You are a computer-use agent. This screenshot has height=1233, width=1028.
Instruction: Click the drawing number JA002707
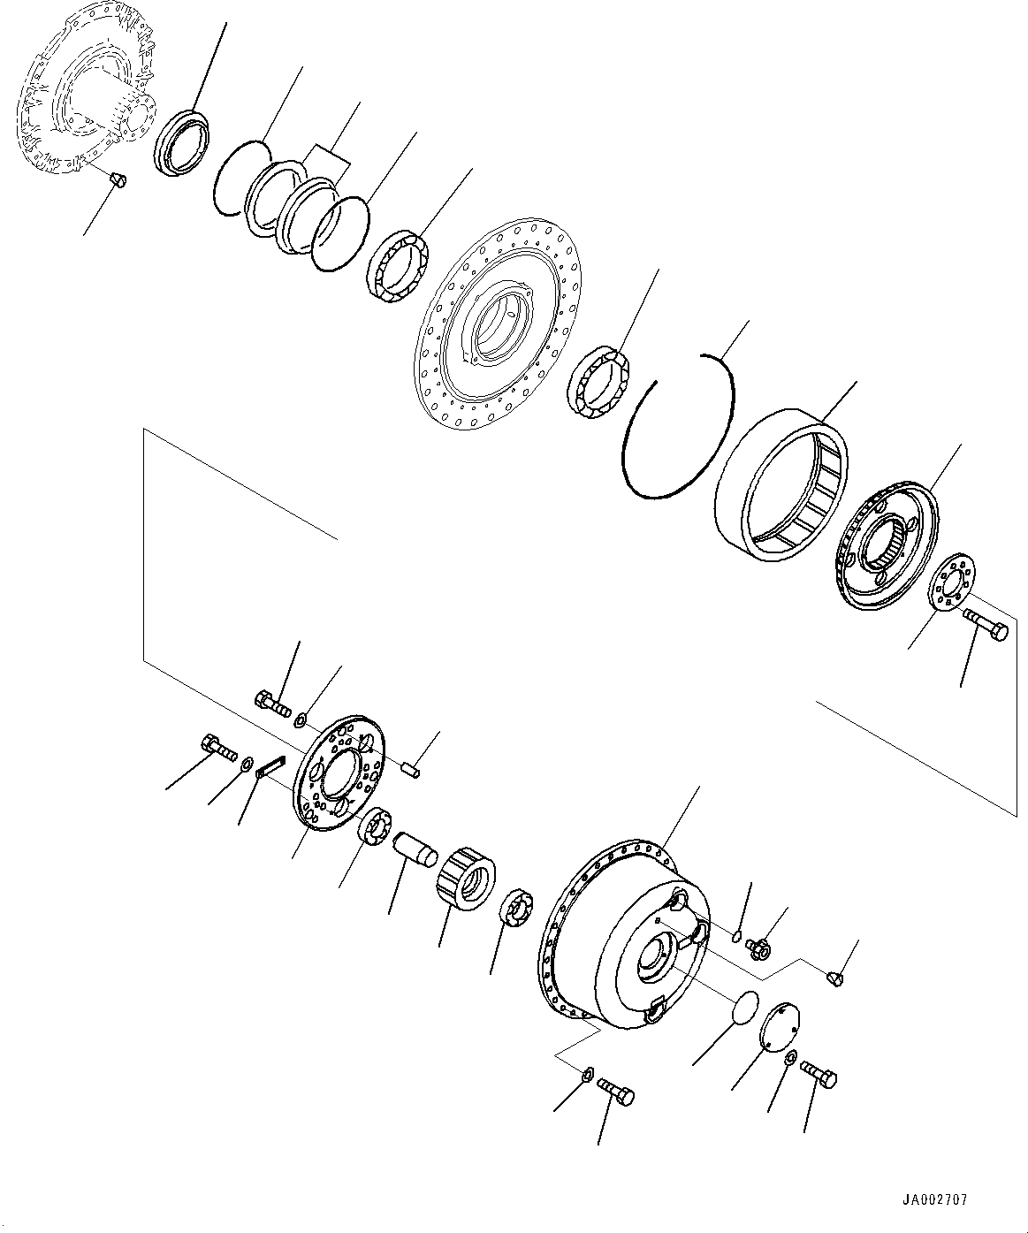point(934,1200)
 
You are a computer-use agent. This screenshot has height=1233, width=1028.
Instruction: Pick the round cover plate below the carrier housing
point(780,1026)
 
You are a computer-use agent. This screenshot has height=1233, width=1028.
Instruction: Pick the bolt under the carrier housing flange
point(616,1092)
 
